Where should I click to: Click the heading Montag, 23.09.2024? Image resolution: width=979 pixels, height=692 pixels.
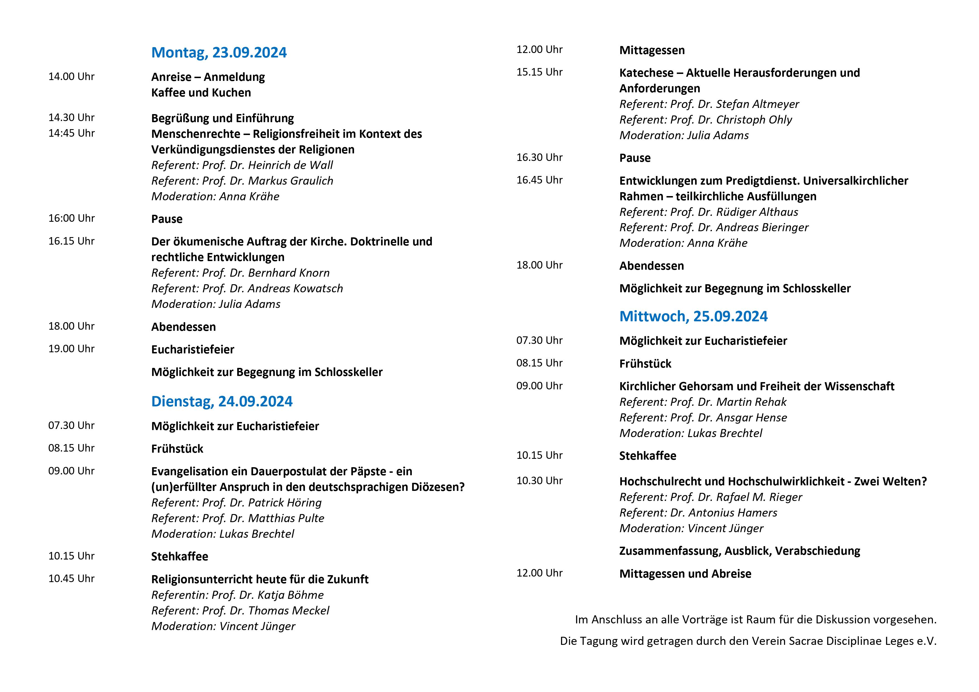tap(219, 52)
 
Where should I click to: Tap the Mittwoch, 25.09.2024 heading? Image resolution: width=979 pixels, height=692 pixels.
tap(693, 316)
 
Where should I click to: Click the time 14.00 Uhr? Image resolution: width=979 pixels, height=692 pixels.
tap(71, 77)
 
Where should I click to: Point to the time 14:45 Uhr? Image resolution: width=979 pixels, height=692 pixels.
tap(71, 133)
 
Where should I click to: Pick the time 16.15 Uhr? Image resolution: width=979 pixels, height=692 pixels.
tap(71, 241)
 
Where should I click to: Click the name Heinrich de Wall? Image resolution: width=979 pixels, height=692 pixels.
tap(290, 165)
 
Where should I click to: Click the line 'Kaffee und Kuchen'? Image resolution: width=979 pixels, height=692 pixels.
tap(201, 93)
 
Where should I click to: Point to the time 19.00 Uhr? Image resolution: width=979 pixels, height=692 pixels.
tap(71, 349)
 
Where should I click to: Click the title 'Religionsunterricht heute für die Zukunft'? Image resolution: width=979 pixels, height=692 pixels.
tap(260, 579)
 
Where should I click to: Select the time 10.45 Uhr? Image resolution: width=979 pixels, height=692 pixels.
tap(71, 578)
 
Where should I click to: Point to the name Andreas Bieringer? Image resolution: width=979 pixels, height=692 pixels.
tap(762, 228)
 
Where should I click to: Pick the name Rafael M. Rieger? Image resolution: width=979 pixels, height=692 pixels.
tap(759, 497)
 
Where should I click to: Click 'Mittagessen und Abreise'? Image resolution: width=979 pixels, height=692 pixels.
tap(685, 574)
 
